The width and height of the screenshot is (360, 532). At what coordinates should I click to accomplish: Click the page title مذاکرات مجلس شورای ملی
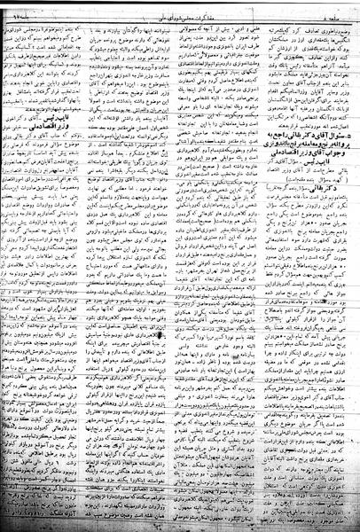[183, 7]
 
